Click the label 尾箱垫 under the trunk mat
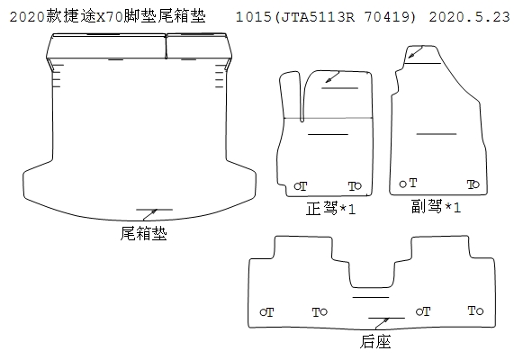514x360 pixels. pos(144,233)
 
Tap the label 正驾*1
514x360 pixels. pos(330,209)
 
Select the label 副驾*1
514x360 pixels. pos(436,207)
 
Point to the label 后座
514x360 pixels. pos(375,341)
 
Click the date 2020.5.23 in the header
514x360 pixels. pos(469,16)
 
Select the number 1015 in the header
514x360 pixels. pos(253,16)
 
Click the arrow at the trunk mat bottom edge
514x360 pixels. pos(150,214)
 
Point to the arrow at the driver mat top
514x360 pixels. pos(332,77)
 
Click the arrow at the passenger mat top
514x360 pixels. pos(416,52)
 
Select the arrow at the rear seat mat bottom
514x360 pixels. pos(382,323)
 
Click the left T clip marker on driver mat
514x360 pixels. pos(301,186)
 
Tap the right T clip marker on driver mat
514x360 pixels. pos(355,186)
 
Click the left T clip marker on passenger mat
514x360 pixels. pos(408,183)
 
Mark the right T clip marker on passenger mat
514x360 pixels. pos(473,184)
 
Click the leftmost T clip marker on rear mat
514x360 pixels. pos(266,312)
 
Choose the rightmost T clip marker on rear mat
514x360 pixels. pos(475,310)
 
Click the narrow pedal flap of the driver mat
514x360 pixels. pos(291,96)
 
